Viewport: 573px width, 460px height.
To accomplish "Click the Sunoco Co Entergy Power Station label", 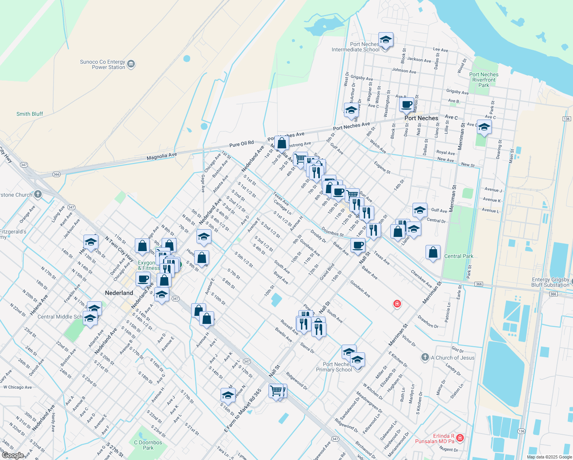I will [x=103, y=64].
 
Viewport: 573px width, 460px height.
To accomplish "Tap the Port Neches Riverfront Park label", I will [x=484, y=80].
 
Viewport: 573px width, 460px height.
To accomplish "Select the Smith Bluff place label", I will [x=29, y=114].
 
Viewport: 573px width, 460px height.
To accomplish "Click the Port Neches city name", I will [x=421, y=118].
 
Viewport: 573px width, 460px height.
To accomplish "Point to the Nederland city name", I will [x=119, y=293].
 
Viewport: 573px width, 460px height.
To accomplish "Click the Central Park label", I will [x=458, y=256].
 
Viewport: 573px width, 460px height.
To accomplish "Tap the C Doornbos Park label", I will [x=148, y=445].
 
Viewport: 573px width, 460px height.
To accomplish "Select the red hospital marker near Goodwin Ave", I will [x=397, y=304].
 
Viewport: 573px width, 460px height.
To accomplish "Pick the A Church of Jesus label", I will [x=452, y=358].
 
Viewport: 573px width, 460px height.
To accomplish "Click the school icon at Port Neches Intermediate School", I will [x=386, y=40].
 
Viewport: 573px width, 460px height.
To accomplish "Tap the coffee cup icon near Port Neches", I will [x=407, y=105].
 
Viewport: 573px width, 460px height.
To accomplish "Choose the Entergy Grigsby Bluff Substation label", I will [x=550, y=282].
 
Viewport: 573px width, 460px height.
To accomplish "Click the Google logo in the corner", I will [x=13, y=455].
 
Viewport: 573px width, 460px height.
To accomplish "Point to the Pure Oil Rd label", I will [x=241, y=144].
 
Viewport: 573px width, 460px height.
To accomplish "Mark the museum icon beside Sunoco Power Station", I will [x=131, y=64].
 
